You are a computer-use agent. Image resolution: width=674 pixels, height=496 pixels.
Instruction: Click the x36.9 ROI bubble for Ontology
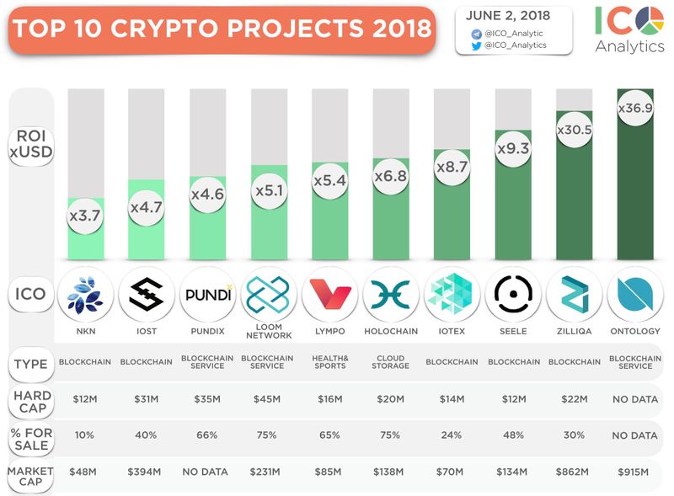[636, 109]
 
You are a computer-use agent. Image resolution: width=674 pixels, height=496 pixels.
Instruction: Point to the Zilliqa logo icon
[575, 295]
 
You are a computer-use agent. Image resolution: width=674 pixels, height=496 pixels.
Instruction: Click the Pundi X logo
[207, 295]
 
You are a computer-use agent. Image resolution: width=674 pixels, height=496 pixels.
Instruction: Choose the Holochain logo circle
[391, 295]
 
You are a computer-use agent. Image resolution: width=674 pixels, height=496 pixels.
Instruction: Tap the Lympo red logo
[330, 295]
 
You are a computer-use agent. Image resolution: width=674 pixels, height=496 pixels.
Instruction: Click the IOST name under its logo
[147, 332]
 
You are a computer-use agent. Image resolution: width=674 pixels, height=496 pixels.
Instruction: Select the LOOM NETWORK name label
[269, 331]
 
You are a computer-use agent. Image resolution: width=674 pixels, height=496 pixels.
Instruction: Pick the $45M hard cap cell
[269, 399]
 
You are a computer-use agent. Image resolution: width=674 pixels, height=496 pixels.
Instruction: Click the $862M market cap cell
[575, 472]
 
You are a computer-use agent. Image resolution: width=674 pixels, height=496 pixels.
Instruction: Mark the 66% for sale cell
[207, 435]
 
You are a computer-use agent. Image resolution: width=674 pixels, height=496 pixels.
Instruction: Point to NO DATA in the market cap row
[207, 472]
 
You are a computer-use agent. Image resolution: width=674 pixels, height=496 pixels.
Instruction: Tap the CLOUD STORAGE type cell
[391, 362]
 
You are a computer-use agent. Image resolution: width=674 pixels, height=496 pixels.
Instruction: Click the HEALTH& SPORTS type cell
[330, 362]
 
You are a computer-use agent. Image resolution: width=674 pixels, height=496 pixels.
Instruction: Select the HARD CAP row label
[32, 399]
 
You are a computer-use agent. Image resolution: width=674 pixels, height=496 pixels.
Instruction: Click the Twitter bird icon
[476, 45]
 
